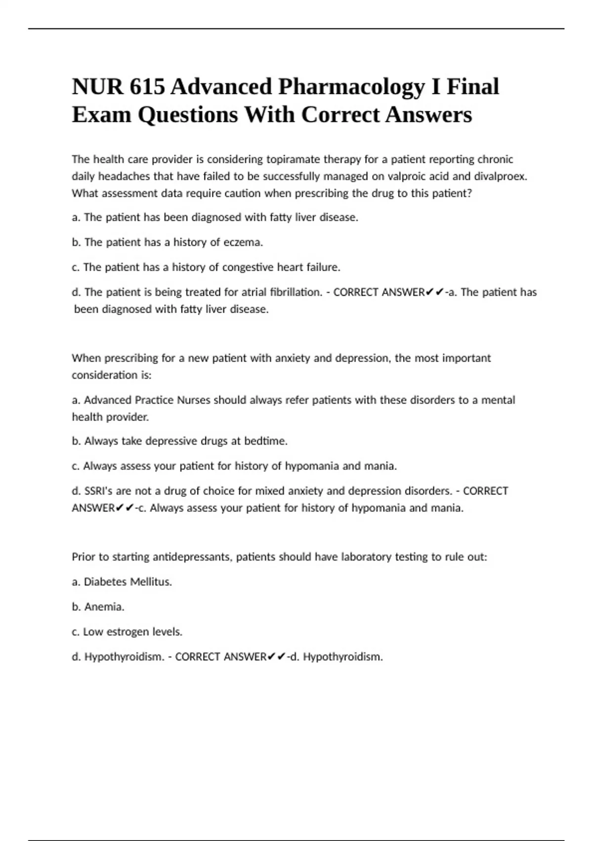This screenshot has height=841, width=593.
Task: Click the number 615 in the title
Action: click(x=147, y=87)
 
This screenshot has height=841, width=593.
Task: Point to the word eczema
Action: click(x=243, y=242)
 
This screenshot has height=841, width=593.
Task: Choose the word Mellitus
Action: click(x=150, y=582)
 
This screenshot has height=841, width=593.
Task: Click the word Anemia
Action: click(x=104, y=607)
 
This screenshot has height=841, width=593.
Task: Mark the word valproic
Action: click(x=409, y=176)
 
